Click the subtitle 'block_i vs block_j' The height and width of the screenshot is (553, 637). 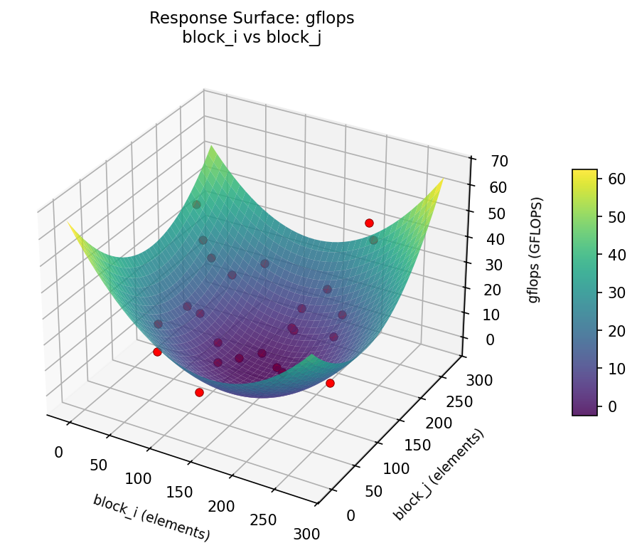[x=252, y=38]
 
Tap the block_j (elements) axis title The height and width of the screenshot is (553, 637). [x=438, y=473]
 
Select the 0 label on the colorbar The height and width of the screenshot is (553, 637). [x=609, y=406]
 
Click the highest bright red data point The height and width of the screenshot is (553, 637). [x=369, y=223]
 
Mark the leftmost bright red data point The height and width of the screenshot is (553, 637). [x=157, y=352]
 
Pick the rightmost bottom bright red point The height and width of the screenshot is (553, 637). [x=330, y=383]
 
